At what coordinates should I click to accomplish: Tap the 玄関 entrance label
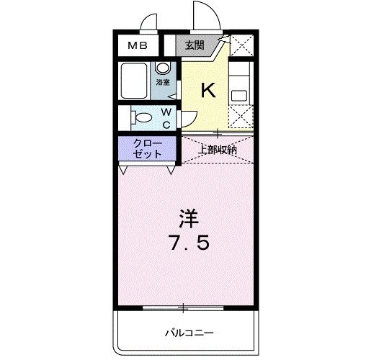pos(194,45)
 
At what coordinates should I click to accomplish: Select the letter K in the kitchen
pos(207,90)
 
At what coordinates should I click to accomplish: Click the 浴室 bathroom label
pos(164,82)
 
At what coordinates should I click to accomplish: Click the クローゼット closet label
pos(146,149)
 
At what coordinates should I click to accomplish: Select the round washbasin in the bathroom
pos(164,69)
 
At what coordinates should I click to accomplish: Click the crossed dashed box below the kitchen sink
pos(241,117)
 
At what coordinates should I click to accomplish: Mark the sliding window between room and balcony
pos(183,307)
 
